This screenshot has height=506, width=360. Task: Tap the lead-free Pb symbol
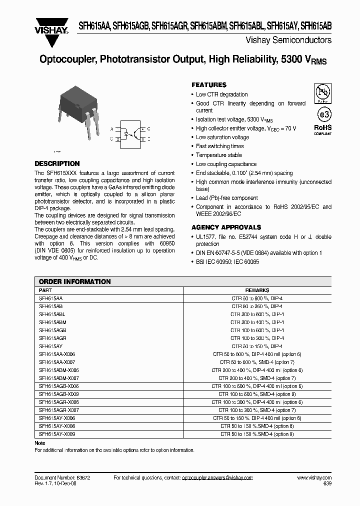pyautogui.click(x=322, y=92)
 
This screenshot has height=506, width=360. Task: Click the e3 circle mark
pyautogui.click(x=323, y=114)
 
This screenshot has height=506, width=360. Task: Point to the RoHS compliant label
pyautogui.click(x=322, y=129)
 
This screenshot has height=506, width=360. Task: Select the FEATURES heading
pyautogui.click(x=209, y=85)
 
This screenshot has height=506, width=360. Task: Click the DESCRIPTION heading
pyautogui.click(x=57, y=163)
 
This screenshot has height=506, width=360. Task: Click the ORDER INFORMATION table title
pyautogui.click(x=74, y=281)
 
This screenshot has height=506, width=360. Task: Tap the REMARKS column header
pyautogui.click(x=257, y=290)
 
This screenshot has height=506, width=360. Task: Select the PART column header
pyautogui.click(x=45, y=290)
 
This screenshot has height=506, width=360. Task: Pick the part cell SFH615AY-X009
pyautogui.click(x=56, y=434)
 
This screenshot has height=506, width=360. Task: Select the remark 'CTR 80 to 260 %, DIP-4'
pyautogui.click(x=257, y=305)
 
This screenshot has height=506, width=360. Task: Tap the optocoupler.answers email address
pyautogui.click(x=217, y=478)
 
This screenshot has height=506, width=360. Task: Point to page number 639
pyautogui.click(x=326, y=484)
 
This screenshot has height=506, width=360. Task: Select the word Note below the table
pyautogui.click(x=39, y=443)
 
